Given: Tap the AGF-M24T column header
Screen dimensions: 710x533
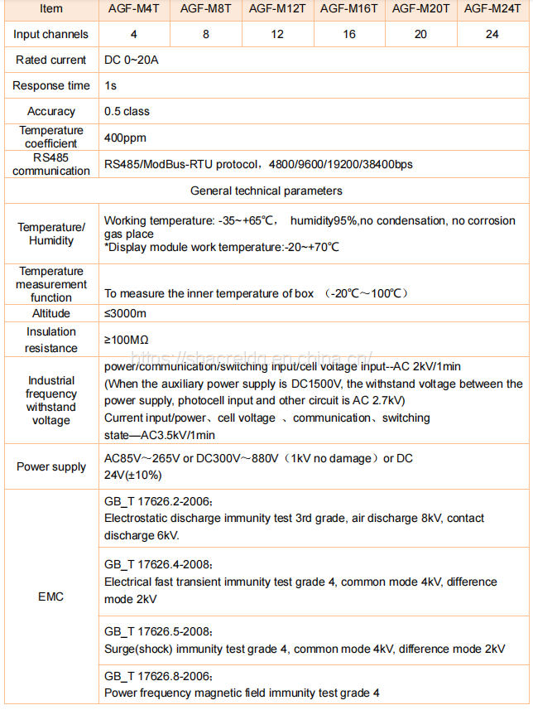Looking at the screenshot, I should [493, 8].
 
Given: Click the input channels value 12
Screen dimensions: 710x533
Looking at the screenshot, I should [277, 34].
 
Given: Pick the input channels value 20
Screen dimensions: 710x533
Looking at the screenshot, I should [420, 34].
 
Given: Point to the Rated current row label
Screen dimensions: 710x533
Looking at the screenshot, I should [50, 60].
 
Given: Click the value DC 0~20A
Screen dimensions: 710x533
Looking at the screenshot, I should [132, 60].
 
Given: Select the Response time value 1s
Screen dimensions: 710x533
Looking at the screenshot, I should [110, 85].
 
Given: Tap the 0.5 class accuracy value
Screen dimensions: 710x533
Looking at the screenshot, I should [127, 111].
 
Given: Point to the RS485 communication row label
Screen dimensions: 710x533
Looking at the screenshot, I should [50, 164].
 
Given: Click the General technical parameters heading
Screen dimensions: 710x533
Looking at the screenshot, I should [266, 191].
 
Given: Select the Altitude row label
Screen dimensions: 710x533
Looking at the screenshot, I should [50, 313].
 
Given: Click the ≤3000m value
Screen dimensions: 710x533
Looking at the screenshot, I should [125, 313].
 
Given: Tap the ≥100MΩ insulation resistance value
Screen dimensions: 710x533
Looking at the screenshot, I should [126, 340].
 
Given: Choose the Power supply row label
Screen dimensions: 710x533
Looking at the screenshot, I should [50, 466].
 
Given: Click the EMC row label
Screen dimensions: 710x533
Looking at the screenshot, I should [50, 596].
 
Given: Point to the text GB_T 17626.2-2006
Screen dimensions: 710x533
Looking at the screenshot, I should [158, 502].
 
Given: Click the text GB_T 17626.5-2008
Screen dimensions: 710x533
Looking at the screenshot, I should [158, 632].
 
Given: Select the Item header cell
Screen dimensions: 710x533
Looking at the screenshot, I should [50, 8].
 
